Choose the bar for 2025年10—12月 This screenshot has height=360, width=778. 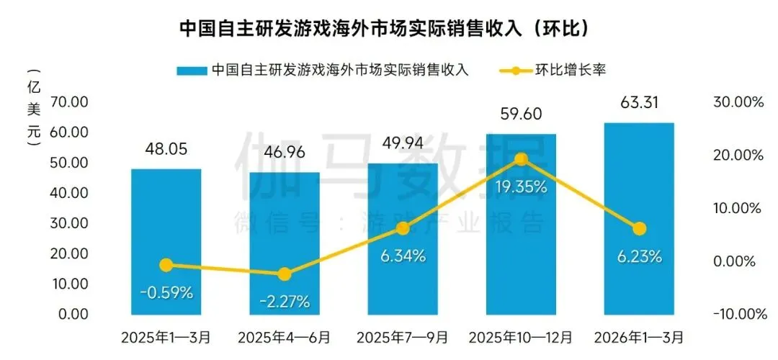pos(521,224)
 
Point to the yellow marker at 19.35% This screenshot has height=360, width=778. pos(522,159)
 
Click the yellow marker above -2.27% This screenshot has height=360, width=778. pos(285,274)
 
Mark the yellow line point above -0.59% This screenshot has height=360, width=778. pos(166,265)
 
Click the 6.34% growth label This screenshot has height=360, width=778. pos(403,255)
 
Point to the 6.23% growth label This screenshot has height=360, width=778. pos(639,256)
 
